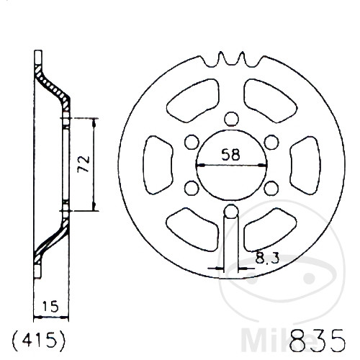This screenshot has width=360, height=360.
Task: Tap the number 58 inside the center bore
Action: point(230,154)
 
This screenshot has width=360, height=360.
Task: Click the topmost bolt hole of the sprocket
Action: point(230,119)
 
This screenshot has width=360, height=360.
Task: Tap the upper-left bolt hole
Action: point(192,142)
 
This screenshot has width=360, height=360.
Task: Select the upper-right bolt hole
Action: point(270,142)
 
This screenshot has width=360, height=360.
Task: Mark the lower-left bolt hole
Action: point(192,187)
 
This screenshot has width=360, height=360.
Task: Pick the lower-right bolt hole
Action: point(270,187)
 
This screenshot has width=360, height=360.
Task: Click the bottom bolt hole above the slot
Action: point(230,211)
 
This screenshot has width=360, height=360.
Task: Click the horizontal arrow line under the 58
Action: point(230,165)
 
